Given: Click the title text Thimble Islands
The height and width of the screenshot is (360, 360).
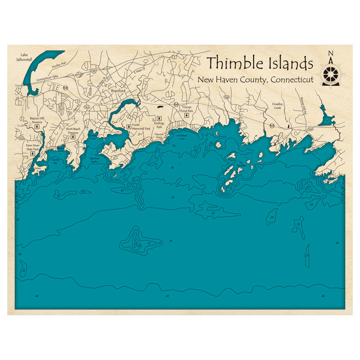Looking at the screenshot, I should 260,63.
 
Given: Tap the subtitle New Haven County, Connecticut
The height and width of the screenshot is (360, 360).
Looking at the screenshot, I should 255,80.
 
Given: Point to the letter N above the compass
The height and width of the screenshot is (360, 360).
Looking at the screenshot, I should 330,54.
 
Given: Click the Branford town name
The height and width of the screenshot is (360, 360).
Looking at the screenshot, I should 118,91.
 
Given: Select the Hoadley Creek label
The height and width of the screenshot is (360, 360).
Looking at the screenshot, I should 277,106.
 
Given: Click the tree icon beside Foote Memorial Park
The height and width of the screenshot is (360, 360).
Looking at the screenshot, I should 129,126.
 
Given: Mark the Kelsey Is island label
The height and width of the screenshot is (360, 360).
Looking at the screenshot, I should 37,168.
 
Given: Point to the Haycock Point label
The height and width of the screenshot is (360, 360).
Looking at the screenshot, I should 159,135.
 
